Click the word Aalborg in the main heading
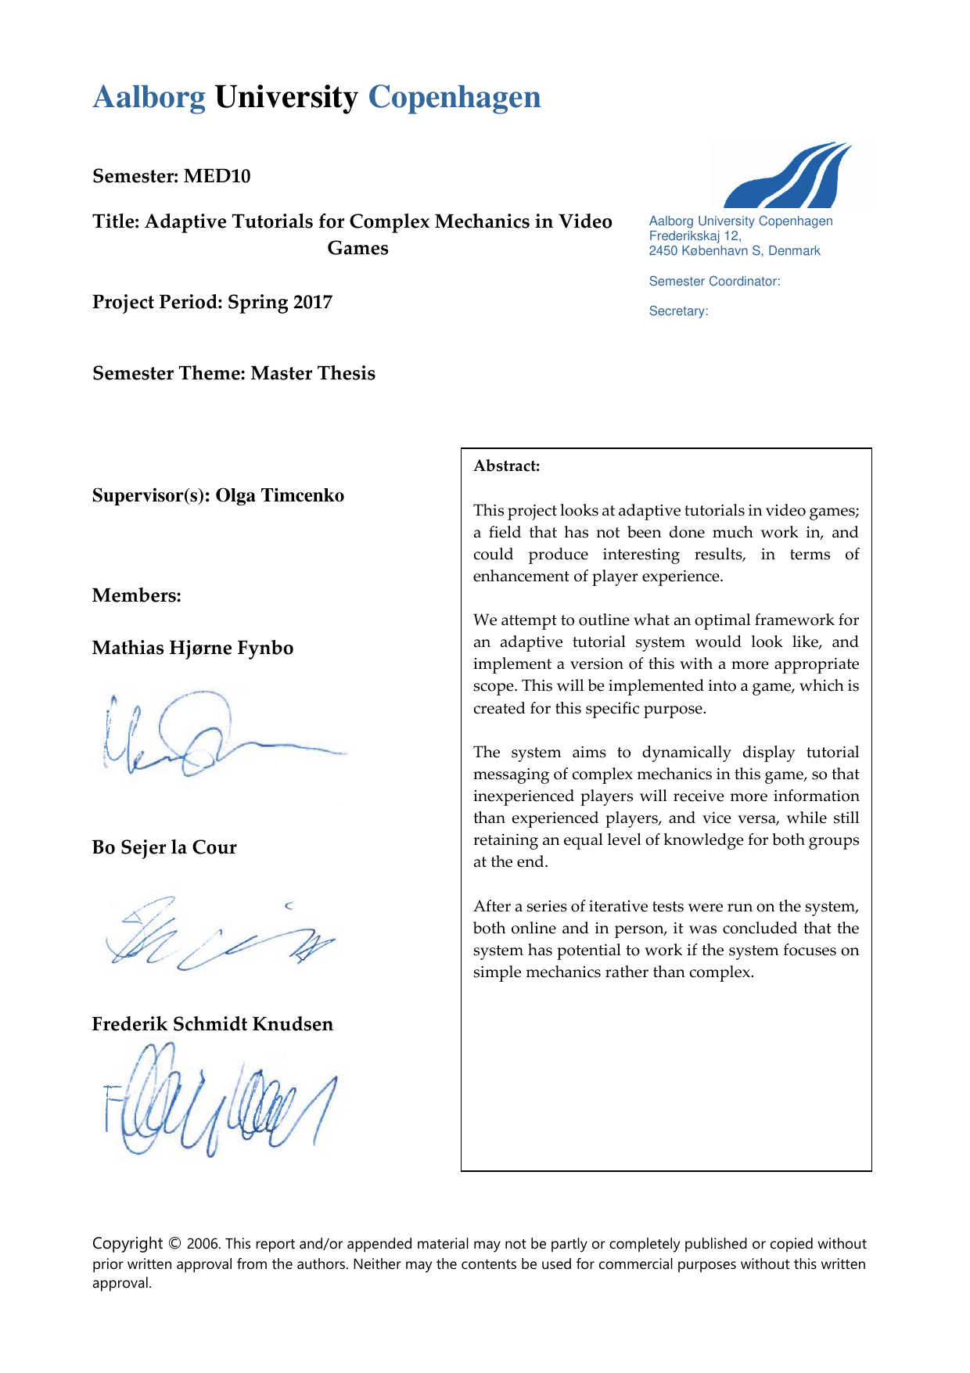[x=149, y=98]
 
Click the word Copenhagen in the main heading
[x=454, y=98]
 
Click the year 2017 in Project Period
[x=314, y=302]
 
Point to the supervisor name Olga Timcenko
[x=280, y=495]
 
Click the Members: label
[x=137, y=595]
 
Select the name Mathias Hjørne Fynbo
[x=192, y=648]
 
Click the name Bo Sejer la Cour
[x=164, y=847]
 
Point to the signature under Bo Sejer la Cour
[x=219, y=935]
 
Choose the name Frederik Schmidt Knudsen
[x=213, y=1024]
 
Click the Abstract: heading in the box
[x=507, y=466]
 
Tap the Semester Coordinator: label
[x=714, y=282]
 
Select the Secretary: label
[x=678, y=311]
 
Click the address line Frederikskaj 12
[x=695, y=235]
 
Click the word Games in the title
[x=357, y=248]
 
